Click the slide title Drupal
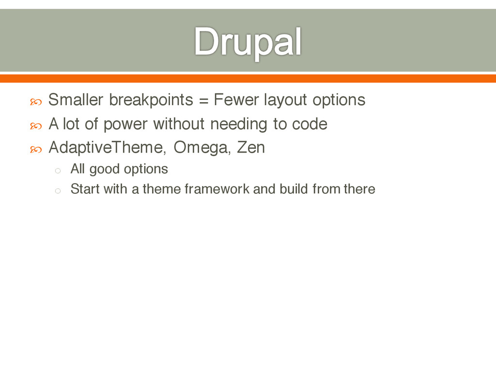tap(248, 42)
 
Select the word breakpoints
tap(151, 100)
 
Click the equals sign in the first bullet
tap(204, 101)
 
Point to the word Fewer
tap(236, 100)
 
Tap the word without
tap(179, 124)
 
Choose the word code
tap(310, 124)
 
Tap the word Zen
tap(251, 147)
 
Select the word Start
tap(85, 189)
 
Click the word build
tap(294, 189)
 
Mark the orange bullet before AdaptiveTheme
tap(36, 149)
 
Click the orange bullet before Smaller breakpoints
tap(36, 102)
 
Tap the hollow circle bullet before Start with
tap(58, 191)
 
